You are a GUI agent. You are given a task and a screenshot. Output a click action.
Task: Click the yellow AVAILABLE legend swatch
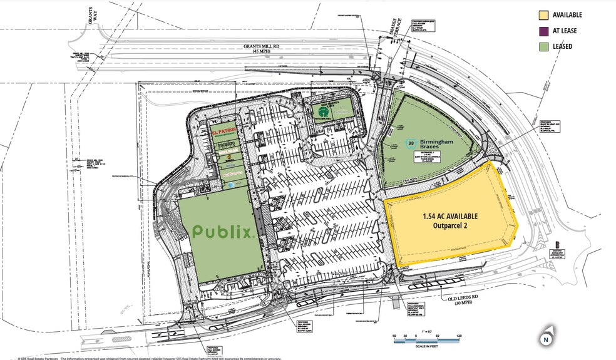[x=543, y=15]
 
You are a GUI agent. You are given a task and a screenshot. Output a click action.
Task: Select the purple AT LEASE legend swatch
[x=543, y=31]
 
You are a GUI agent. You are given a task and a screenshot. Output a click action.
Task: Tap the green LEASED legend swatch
[x=543, y=46]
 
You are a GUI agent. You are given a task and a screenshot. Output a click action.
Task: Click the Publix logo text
[x=223, y=232]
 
